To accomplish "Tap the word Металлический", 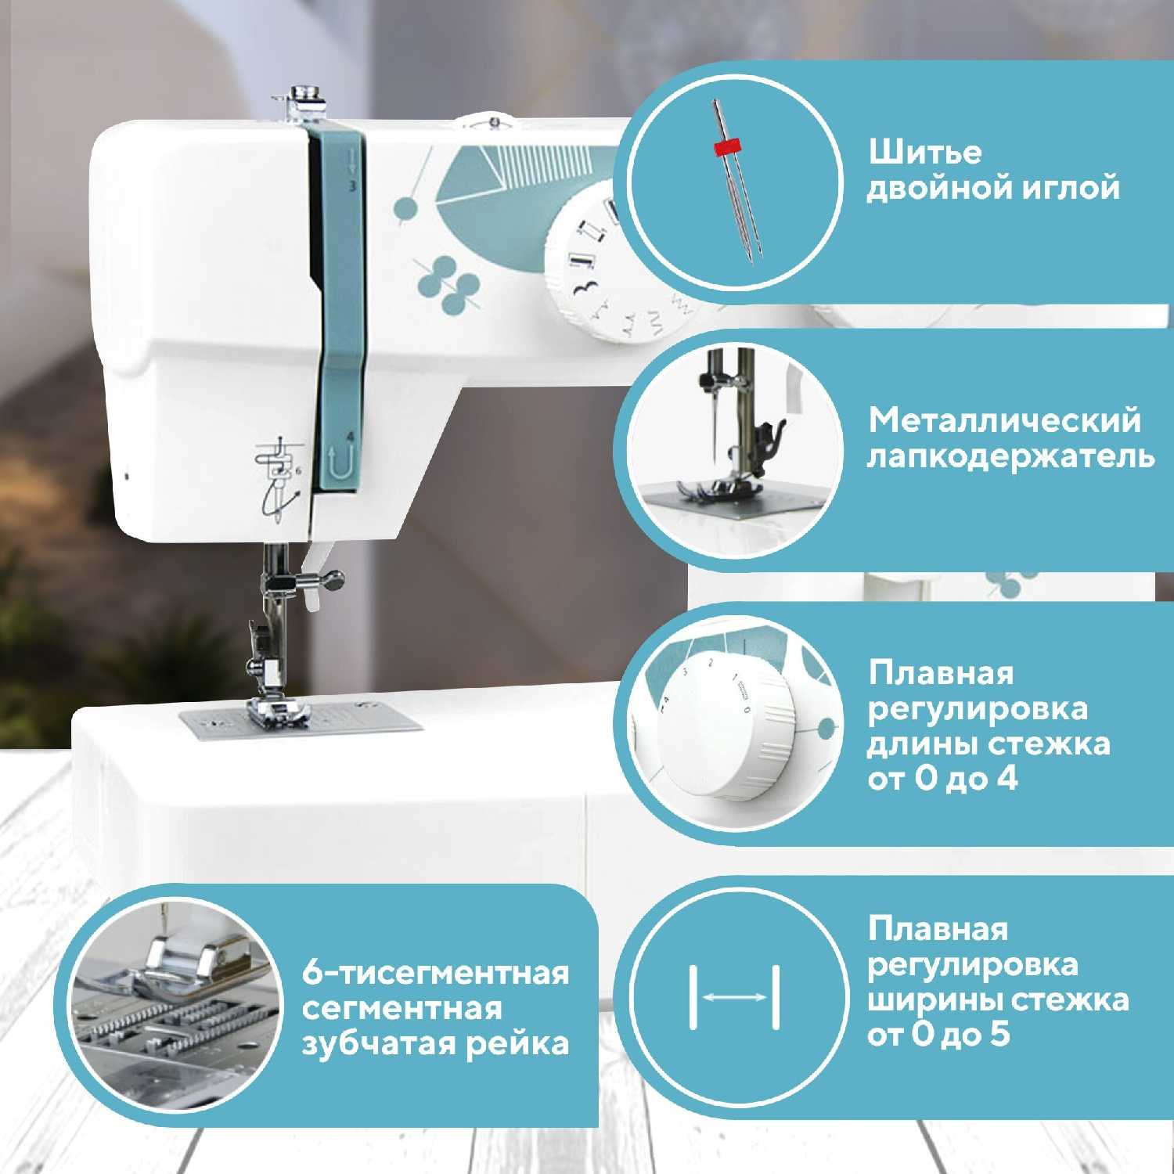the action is click(x=1004, y=421).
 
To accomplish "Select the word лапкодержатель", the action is click(x=1010, y=457).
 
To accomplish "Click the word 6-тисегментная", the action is click(x=436, y=974).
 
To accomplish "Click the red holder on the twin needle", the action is click(x=726, y=146).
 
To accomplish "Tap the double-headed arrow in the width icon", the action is click(x=735, y=997).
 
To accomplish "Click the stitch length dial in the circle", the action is click(x=724, y=733).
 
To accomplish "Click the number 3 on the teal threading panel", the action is click(x=352, y=186).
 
